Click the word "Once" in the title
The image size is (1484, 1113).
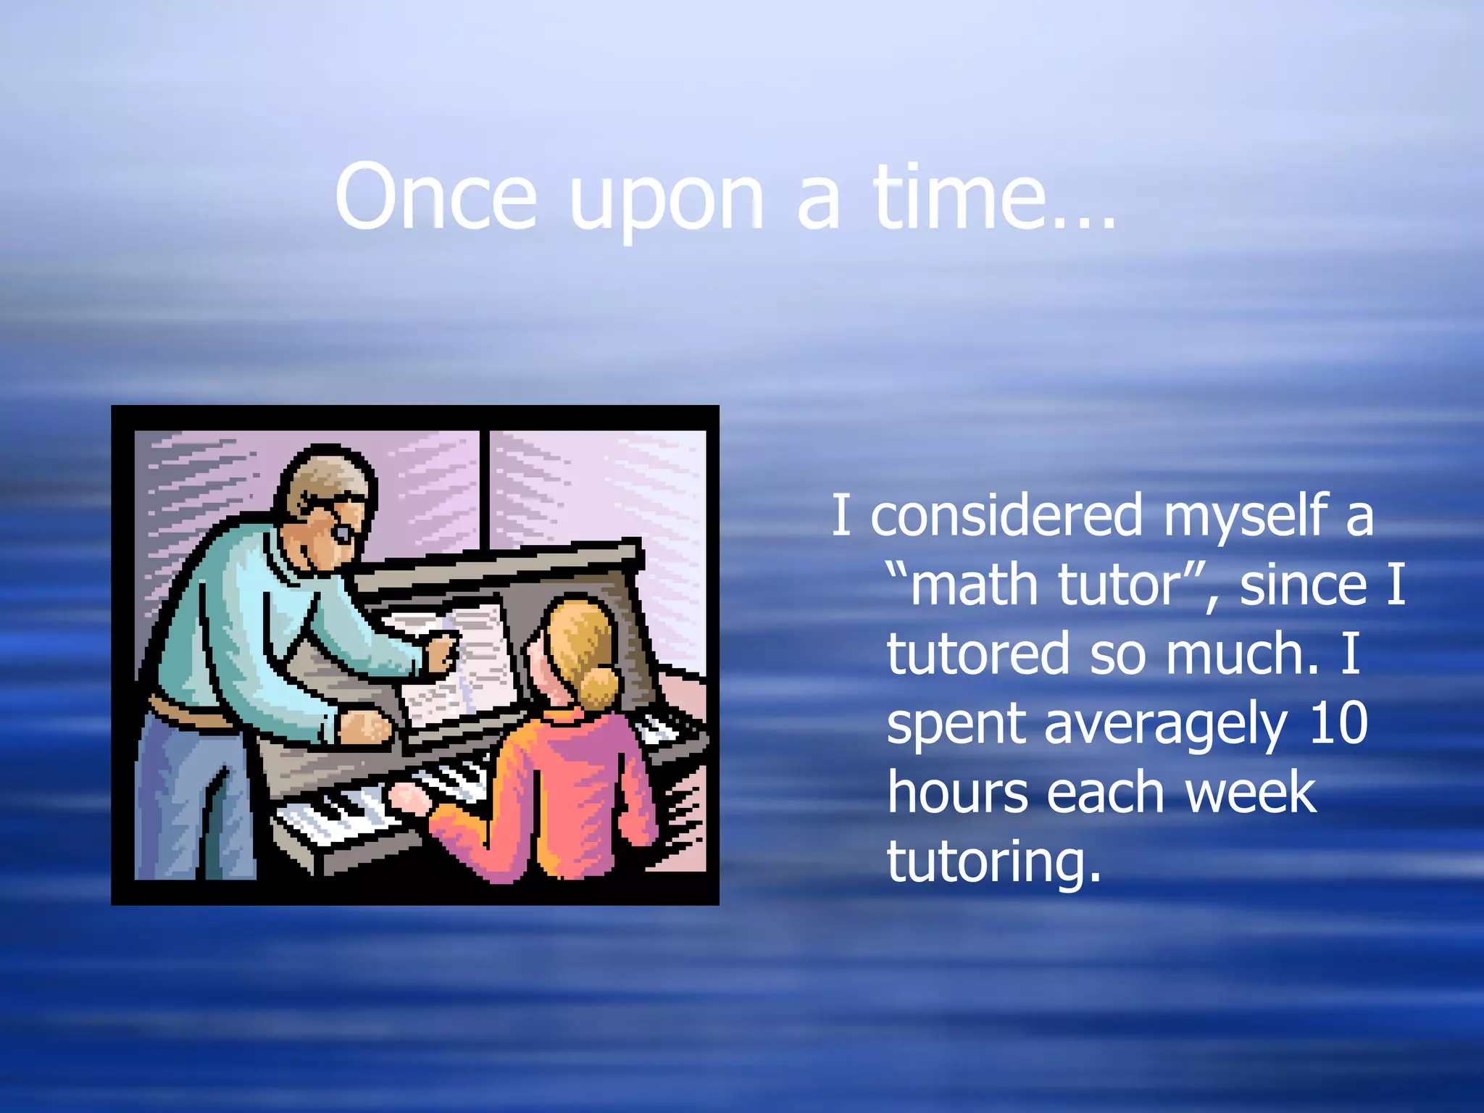click(435, 197)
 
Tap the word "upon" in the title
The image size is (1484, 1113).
click(666, 203)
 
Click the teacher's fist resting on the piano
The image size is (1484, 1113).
click(366, 725)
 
